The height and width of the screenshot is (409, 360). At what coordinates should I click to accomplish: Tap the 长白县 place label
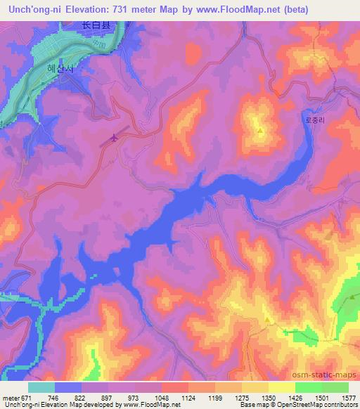point(96,25)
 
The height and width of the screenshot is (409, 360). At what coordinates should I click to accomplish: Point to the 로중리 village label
point(316,121)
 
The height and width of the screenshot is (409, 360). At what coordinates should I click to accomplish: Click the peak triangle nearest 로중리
point(260,131)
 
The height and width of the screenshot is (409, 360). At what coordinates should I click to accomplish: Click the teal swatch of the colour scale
point(41,387)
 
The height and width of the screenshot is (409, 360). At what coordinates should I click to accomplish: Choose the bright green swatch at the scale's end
point(335,387)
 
